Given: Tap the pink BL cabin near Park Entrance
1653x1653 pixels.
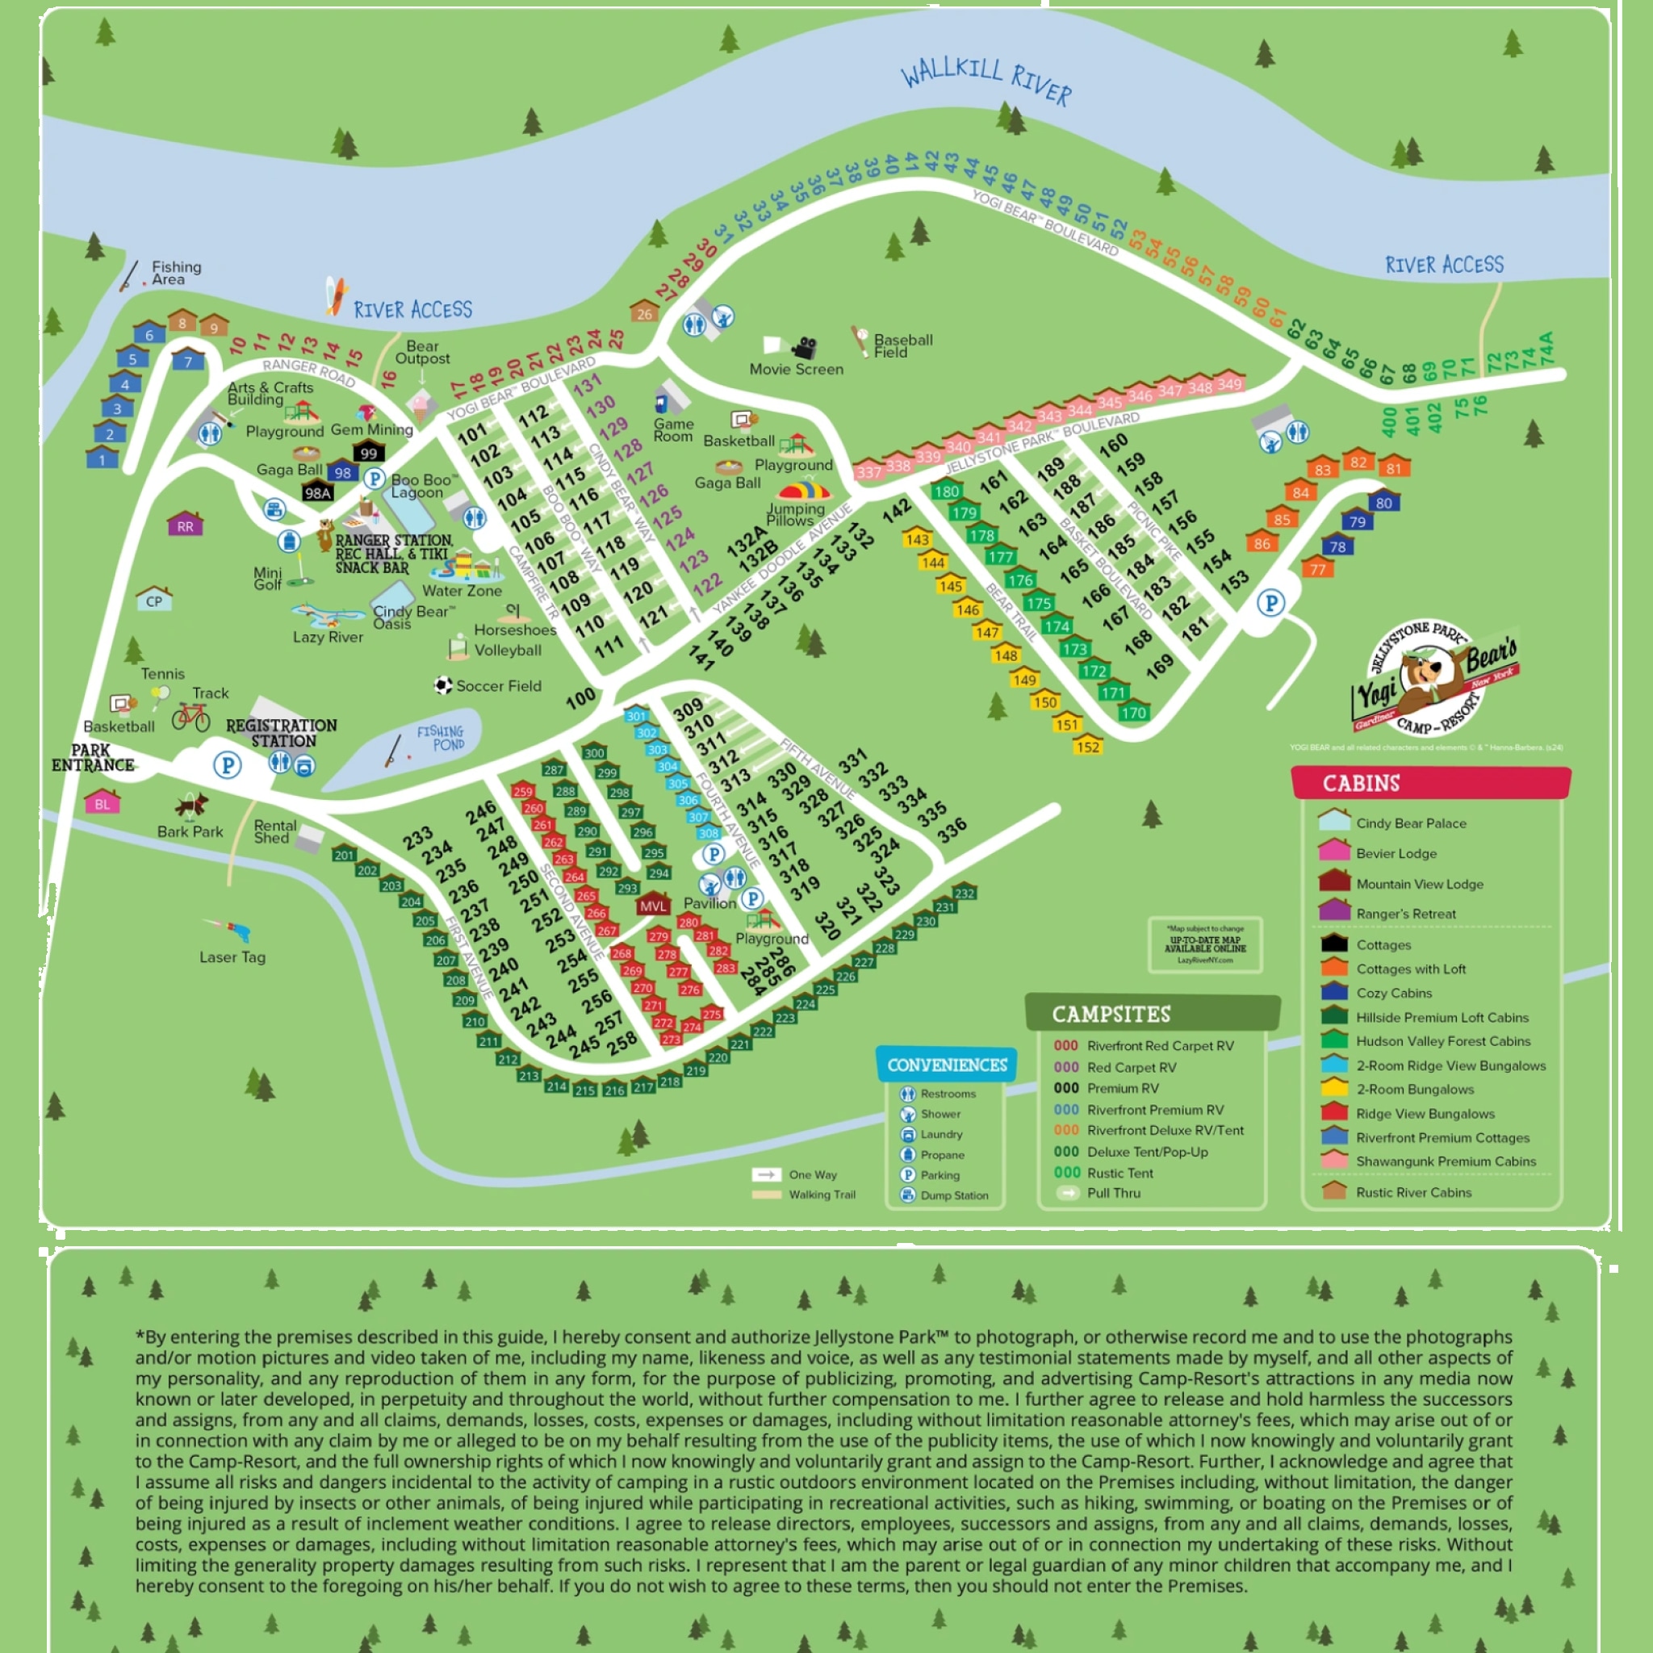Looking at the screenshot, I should point(102,802).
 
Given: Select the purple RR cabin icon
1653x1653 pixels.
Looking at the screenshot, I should point(185,525).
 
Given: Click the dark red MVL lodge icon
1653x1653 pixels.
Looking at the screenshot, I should point(653,906).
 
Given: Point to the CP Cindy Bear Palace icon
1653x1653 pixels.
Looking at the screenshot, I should point(154,599).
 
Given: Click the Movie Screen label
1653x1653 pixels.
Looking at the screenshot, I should point(796,369).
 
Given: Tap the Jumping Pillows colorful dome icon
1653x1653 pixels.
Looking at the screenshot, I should point(803,491).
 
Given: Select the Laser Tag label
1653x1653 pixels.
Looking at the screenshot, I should point(232,956).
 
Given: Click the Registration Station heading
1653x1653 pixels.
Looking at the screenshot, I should point(282,732).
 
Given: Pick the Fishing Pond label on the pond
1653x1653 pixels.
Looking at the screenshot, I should point(440,738).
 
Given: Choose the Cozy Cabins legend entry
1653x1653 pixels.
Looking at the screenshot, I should point(1393,993).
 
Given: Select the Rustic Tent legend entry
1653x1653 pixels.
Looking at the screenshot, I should point(1119,1173).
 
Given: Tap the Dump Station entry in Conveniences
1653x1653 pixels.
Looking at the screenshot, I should point(953,1195).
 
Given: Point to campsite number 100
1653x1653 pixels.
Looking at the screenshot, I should point(580,698).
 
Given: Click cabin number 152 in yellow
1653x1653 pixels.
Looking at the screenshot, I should point(1087,746).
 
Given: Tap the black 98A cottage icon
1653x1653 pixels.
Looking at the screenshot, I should point(317,492).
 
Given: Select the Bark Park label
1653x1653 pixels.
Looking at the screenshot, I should point(190,831).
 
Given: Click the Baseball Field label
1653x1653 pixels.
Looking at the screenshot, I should point(902,345).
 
